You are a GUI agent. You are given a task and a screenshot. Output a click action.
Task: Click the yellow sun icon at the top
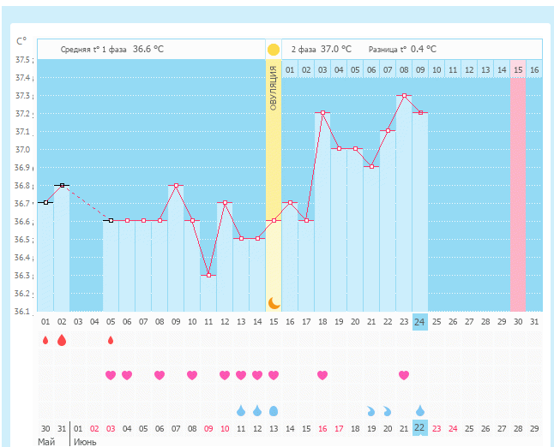coord(274,50)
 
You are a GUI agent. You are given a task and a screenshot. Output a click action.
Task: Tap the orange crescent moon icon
coord(274,302)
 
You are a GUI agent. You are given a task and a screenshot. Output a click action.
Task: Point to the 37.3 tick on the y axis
coord(23,78)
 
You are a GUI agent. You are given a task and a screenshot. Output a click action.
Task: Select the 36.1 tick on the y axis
coord(23,312)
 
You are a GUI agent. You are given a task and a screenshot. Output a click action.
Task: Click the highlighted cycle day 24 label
coord(419,322)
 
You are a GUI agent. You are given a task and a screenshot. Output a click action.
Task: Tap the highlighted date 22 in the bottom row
coord(419,428)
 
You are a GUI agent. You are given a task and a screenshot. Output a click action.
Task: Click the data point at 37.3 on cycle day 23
coord(404,95)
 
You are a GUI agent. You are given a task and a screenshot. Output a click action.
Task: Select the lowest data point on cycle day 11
coord(208,275)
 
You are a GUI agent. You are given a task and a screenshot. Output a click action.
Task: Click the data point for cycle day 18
coord(322,112)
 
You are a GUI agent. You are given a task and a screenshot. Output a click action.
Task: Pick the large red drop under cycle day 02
coord(62,340)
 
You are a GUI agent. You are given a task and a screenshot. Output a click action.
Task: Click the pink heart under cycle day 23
coord(404,375)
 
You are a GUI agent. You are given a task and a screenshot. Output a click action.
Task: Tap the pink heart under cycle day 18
coord(322,375)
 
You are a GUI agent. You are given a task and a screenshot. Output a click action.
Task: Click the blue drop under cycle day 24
coord(419,410)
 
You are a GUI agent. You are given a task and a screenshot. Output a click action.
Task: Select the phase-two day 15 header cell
coord(518,69)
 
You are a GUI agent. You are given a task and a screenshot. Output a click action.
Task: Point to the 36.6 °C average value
coord(148,50)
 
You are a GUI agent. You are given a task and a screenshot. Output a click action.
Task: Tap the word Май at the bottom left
coord(46,442)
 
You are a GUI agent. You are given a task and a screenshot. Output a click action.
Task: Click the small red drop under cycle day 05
coord(111,340)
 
